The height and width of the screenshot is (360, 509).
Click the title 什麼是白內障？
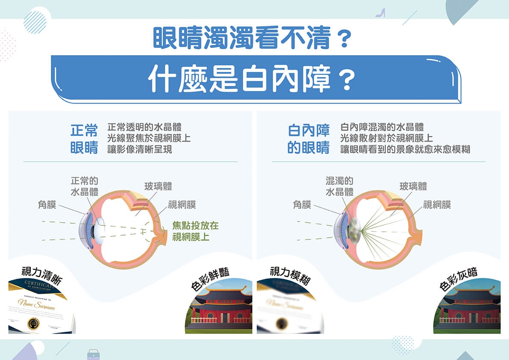tap(252, 80)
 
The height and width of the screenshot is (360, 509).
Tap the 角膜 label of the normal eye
tap(47, 205)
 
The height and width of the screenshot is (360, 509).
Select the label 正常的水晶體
tap(84, 186)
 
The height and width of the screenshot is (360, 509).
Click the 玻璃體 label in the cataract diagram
tap(413, 186)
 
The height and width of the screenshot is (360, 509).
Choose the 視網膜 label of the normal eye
tap(182, 205)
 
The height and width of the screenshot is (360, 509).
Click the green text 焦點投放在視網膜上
tap(195, 231)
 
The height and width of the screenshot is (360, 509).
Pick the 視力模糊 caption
tap(290, 274)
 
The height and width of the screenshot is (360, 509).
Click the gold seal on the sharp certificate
tap(33, 324)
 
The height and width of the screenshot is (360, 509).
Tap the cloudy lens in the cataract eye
tap(353, 231)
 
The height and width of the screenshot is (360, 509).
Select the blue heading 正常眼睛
tap(84, 139)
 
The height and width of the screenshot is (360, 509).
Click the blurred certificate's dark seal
tap(282, 323)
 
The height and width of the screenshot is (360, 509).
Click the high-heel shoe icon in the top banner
tap(380, 13)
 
